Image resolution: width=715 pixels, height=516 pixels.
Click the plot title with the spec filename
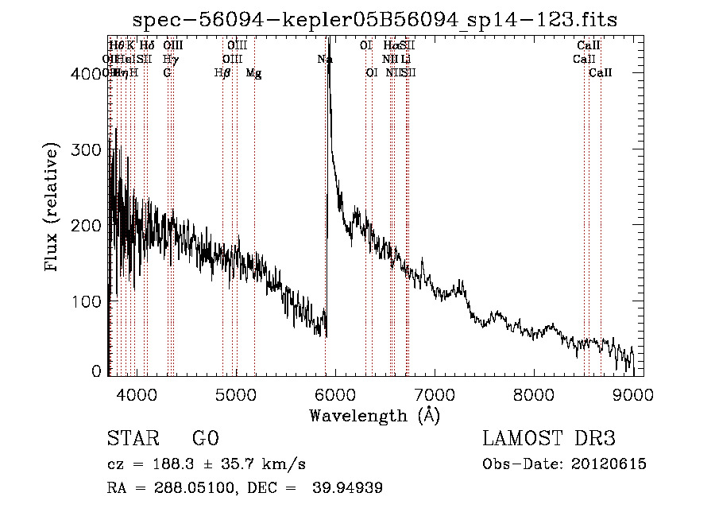376,18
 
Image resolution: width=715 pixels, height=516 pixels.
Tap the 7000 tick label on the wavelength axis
435,395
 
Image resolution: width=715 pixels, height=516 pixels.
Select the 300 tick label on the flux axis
87,150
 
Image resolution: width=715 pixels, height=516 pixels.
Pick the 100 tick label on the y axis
87,302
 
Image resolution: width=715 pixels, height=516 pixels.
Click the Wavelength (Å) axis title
374,415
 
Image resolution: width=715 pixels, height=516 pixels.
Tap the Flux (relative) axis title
53,208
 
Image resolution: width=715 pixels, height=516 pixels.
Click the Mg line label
253,73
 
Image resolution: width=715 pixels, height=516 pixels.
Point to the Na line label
325,59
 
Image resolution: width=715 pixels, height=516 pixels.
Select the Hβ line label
222,73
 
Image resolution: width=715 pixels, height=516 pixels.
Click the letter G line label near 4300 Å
167,73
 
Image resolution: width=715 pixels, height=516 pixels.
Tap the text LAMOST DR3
549,439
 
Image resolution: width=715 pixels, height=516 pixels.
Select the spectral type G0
205,439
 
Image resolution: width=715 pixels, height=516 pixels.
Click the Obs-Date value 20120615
612,464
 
